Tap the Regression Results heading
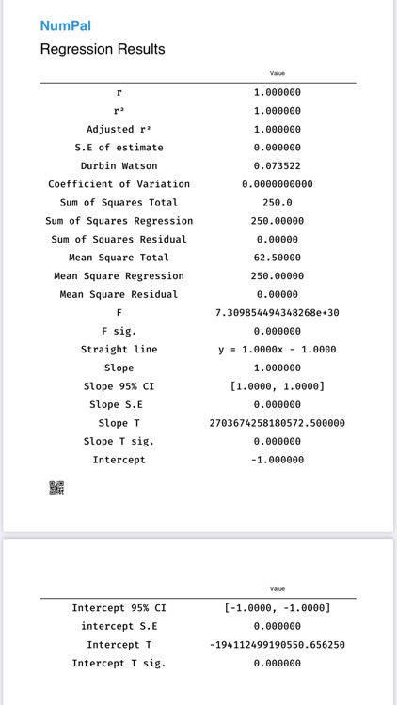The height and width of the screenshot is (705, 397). pyautogui.click(x=103, y=49)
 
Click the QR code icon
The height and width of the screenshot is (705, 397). pyautogui.click(x=56, y=489)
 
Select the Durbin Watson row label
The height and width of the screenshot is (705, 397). pyautogui.click(x=119, y=165)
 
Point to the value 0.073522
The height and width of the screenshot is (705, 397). pyautogui.click(x=278, y=165)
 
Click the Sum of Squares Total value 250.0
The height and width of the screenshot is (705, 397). pyautogui.click(x=278, y=202)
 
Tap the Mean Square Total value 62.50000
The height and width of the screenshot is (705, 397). pyautogui.click(x=278, y=258)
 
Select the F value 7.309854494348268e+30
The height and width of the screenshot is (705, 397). pyautogui.click(x=278, y=312)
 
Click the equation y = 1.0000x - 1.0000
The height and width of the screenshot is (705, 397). pyautogui.click(x=278, y=350)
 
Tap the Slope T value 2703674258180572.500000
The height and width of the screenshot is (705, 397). pyautogui.click(x=278, y=423)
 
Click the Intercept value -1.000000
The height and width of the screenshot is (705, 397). pyautogui.click(x=278, y=460)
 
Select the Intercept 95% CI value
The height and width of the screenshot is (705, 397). pyautogui.click(x=278, y=608)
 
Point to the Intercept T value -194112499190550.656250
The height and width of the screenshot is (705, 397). pyautogui.click(x=278, y=645)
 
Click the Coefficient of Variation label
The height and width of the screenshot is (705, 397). pyautogui.click(x=119, y=184)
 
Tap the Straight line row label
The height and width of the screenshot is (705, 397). pyautogui.click(x=119, y=350)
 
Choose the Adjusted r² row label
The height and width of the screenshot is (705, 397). pyautogui.click(x=119, y=129)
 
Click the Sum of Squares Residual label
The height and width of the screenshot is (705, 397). pyautogui.click(x=119, y=239)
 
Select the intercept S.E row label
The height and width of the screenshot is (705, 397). pyautogui.click(x=119, y=626)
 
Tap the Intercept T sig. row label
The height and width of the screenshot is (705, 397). pyautogui.click(x=119, y=664)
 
